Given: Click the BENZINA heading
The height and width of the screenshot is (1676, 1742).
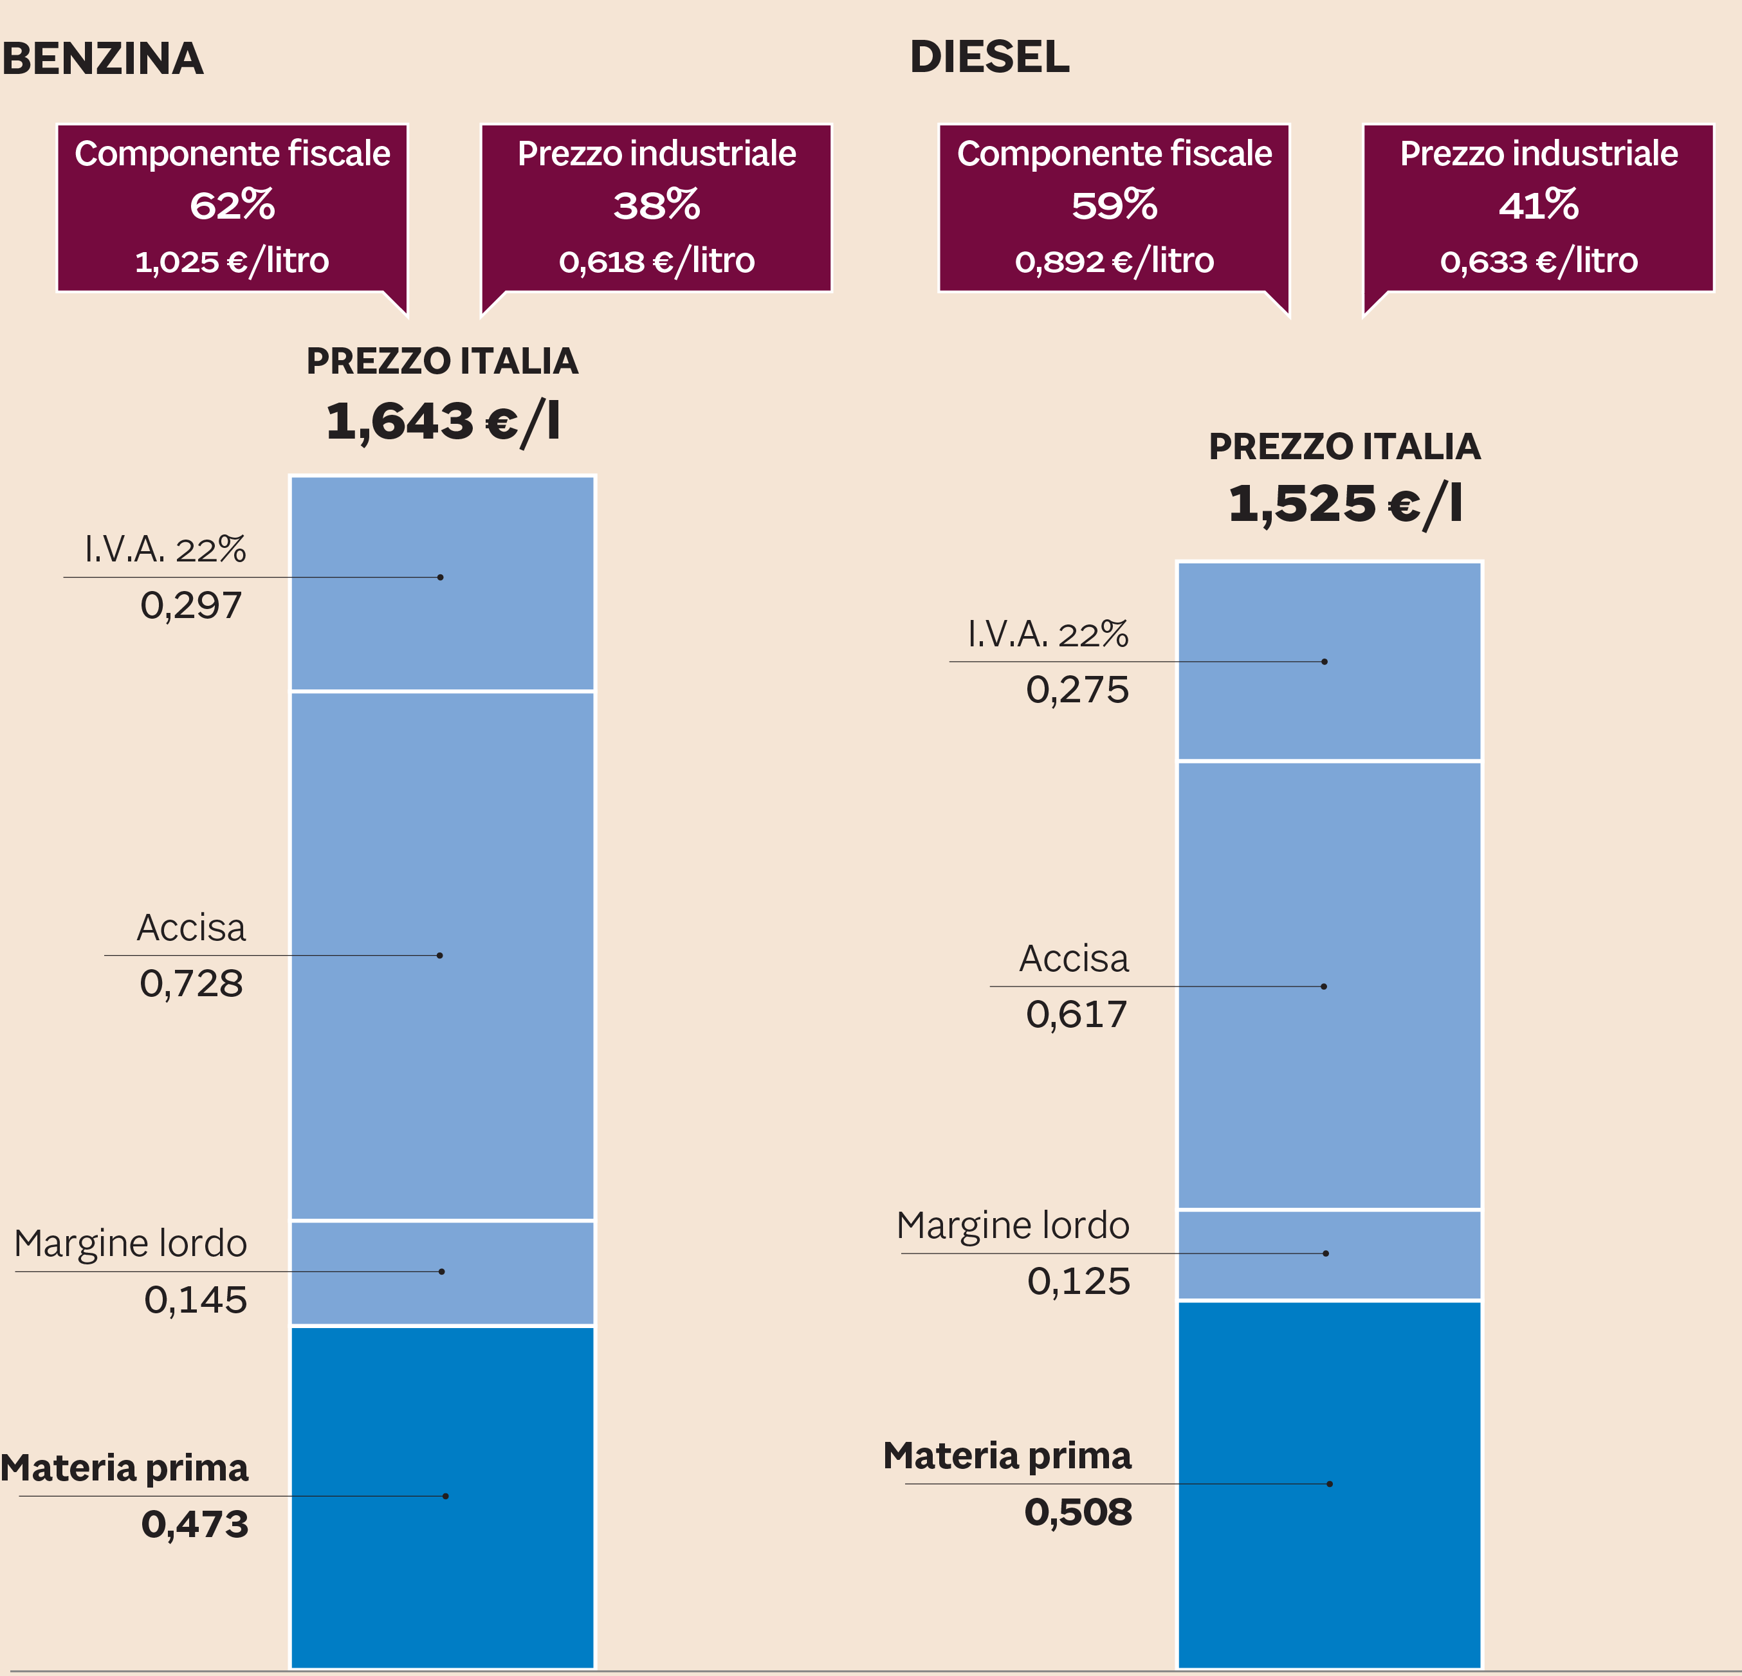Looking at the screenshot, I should [x=103, y=59].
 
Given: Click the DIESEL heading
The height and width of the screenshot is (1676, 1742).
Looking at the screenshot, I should [x=989, y=57].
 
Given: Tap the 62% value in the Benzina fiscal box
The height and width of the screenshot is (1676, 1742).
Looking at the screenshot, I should [x=232, y=205].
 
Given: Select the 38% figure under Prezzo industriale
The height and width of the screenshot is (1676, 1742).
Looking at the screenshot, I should [x=656, y=205].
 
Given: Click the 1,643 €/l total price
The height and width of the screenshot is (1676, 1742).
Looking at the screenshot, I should [x=443, y=421].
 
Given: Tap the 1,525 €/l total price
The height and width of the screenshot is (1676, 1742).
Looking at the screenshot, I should [x=1344, y=504].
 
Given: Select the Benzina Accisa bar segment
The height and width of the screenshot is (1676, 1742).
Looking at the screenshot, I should [x=443, y=955].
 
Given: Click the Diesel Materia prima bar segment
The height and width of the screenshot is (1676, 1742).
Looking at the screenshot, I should [x=1329, y=1484].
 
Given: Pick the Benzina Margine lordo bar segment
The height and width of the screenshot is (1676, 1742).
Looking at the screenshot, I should [x=443, y=1273].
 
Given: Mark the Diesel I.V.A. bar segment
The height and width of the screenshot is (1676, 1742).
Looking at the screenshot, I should [x=1329, y=661].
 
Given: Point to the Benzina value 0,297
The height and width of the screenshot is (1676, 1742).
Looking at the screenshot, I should [x=191, y=606].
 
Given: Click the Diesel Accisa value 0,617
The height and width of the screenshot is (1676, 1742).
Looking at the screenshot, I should [x=1076, y=1015].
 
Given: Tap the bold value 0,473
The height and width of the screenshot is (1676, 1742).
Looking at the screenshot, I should [x=195, y=1525].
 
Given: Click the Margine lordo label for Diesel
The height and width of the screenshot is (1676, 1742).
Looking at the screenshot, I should [x=1013, y=1225].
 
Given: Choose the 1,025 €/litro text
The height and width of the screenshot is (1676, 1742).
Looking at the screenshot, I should [x=232, y=261].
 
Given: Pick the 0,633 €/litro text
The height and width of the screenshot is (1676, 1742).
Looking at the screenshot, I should [x=1539, y=261].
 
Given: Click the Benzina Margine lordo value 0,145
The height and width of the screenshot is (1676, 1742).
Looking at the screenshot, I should [x=196, y=1300].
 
